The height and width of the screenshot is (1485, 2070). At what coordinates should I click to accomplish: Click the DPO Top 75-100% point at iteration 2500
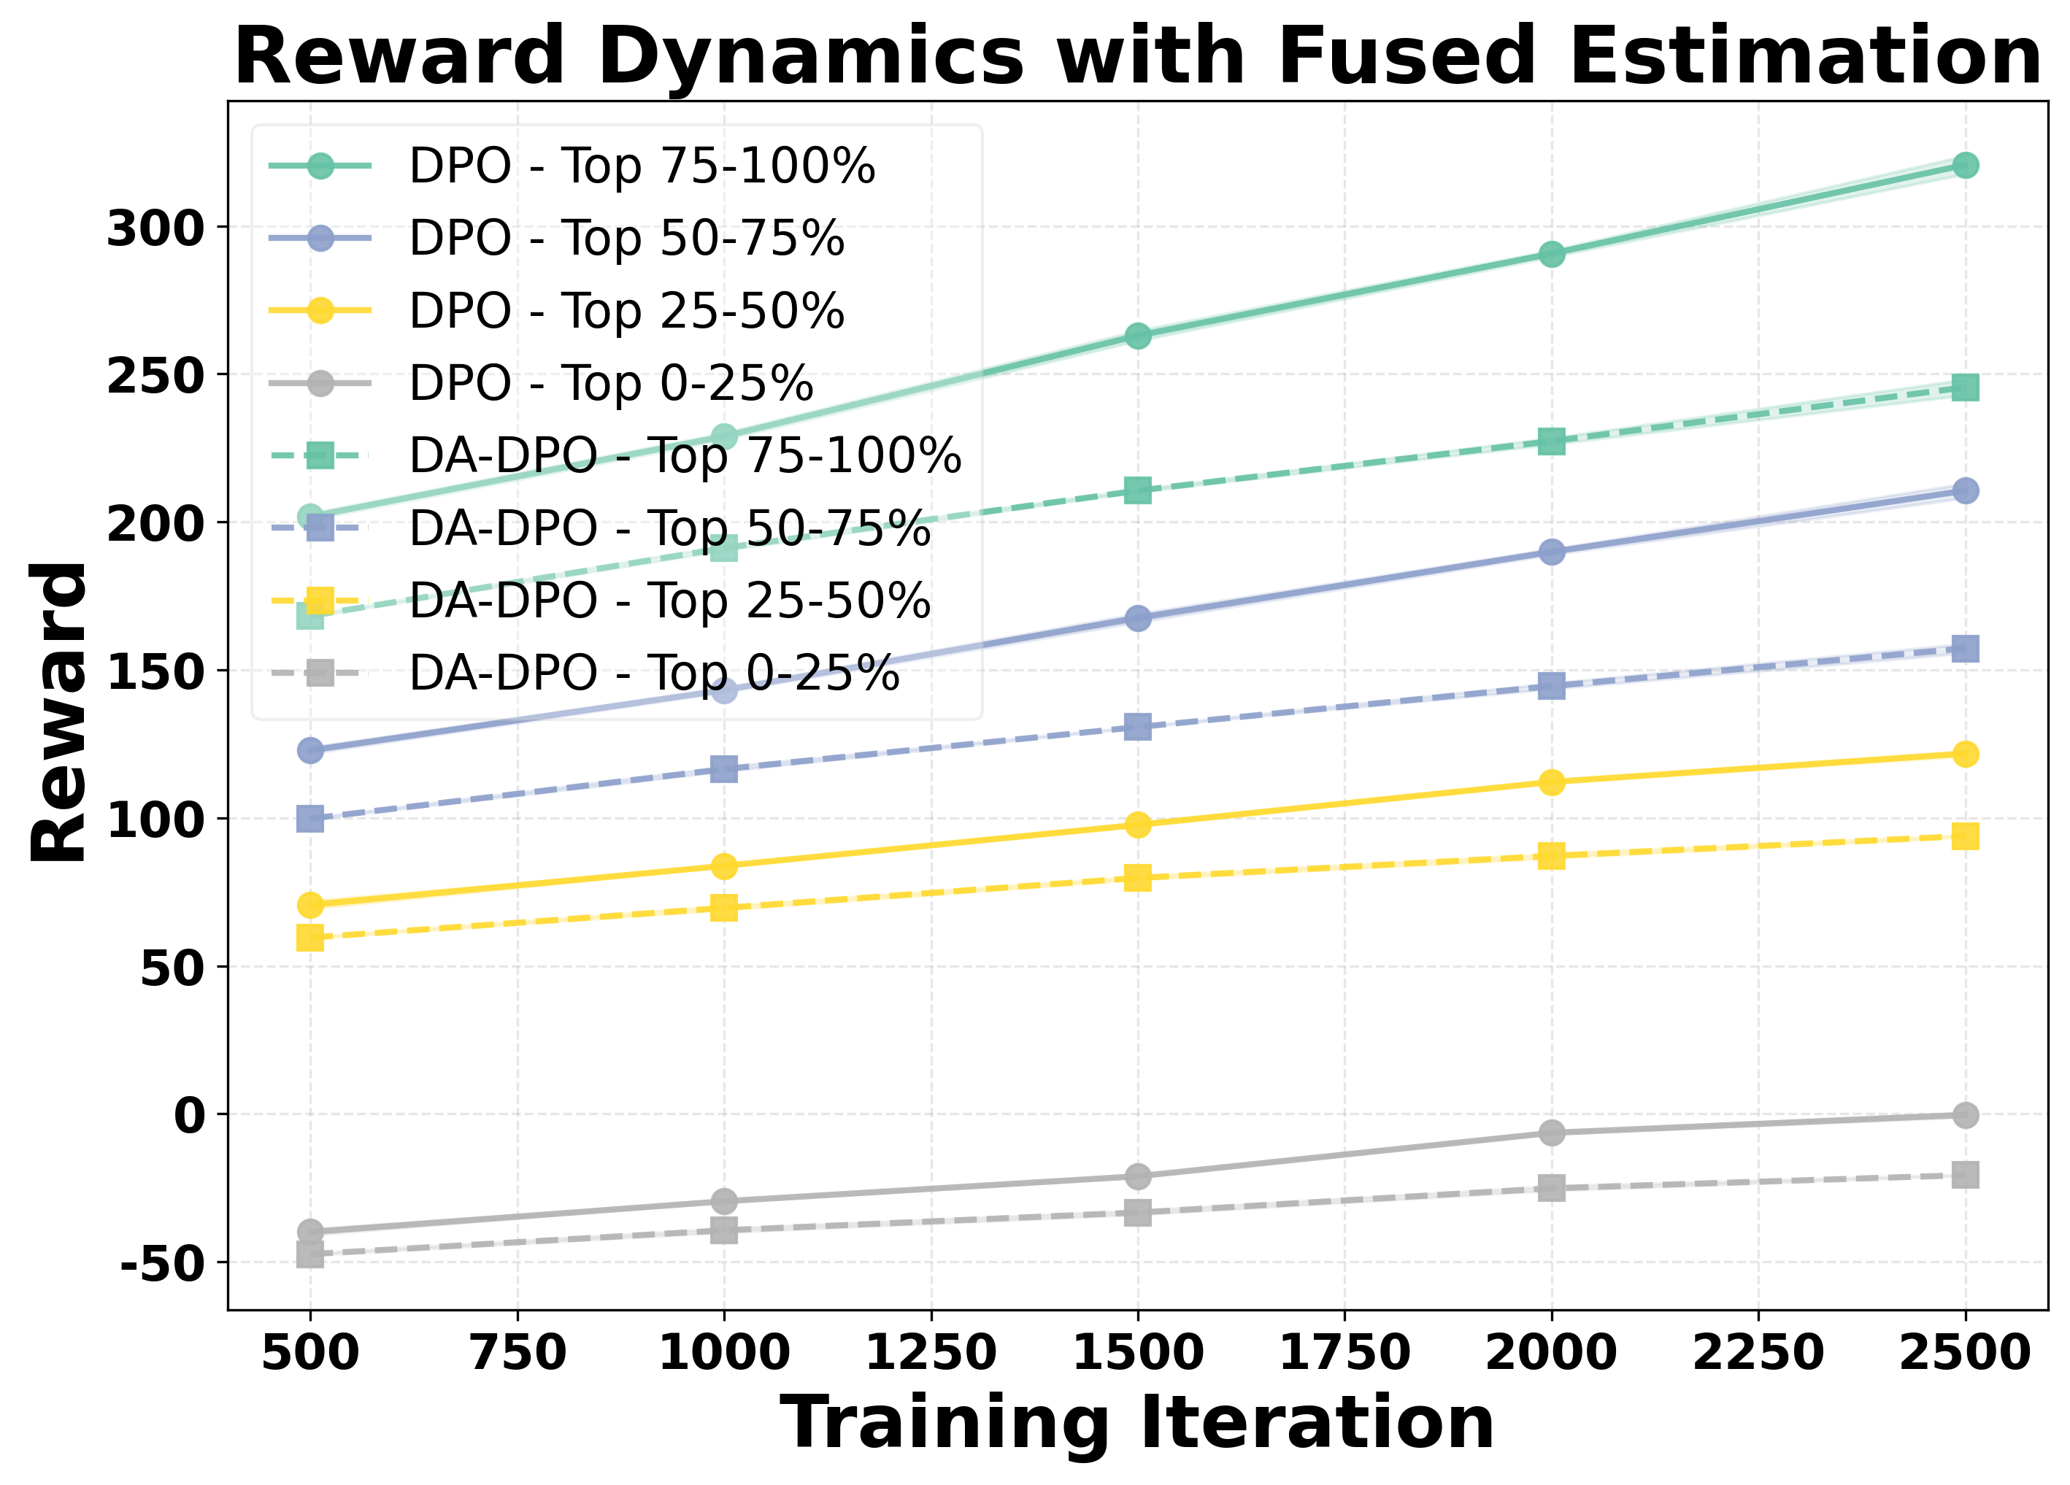point(1965,165)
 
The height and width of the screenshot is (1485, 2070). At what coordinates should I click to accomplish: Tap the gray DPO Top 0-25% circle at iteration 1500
point(1137,1176)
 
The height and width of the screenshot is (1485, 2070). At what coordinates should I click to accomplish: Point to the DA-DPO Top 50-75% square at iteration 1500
point(1137,728)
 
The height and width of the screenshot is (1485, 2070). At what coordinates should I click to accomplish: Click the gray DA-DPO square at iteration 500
point(310,1255)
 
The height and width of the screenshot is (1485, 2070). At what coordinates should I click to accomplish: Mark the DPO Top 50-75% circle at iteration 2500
point(1965,491)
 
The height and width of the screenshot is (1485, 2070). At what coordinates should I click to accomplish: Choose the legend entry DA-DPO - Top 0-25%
point(653,674)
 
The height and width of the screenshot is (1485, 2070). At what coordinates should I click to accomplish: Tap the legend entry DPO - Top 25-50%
point(626,312)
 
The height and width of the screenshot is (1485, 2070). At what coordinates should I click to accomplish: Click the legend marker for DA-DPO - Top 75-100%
point(320,455)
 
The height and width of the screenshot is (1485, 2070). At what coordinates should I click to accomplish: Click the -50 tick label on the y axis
point(160,1264)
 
